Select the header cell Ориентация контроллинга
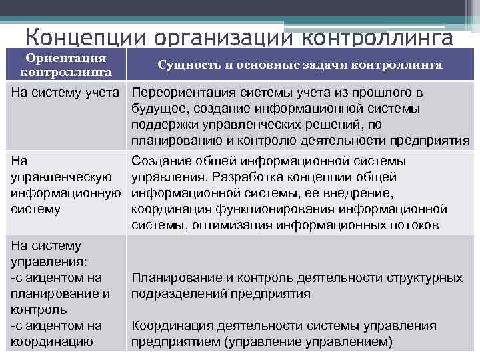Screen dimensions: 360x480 (66, 65)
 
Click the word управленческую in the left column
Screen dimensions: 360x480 (58, 177)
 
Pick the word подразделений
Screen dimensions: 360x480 (175, 294)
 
